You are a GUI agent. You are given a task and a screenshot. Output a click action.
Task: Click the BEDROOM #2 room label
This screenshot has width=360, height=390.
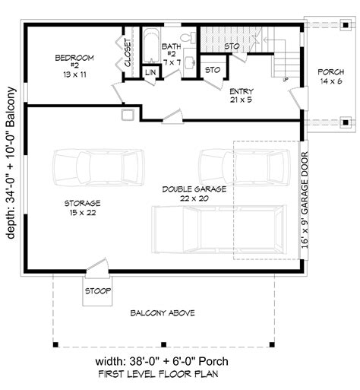[x=74, y=66]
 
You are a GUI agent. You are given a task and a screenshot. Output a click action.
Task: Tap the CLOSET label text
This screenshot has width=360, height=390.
[x=128, y=52]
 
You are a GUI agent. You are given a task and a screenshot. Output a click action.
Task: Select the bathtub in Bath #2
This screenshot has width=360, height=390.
[x=152, y=46]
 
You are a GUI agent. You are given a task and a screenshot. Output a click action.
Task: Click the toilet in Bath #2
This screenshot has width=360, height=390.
[x=190, y=37]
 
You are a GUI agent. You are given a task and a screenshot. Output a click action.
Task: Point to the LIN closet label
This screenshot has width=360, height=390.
[x=150, y=72]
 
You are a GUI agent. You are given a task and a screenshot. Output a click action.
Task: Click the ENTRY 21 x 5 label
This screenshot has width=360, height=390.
[x=242, y=95]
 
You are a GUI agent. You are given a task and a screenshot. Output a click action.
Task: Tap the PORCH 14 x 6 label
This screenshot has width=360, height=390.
[x=331, y=77]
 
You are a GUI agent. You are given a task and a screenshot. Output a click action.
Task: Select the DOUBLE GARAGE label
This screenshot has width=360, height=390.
[x=194, y=194]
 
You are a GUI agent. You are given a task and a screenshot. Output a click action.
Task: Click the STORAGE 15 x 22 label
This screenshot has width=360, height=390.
[x=83, y=208]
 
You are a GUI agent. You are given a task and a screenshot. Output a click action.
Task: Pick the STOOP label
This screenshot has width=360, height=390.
[x=98, y=291]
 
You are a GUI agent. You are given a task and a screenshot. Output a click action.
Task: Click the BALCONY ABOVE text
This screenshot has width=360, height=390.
[x=163, y=313]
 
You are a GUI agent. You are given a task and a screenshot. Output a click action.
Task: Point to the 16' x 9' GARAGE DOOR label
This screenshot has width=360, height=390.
[x=305, y=200]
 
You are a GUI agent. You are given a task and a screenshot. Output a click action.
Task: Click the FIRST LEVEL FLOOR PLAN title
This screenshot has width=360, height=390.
[x=158, y=374]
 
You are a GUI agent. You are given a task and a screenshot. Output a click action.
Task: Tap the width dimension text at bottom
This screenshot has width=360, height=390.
[x=162, y=361]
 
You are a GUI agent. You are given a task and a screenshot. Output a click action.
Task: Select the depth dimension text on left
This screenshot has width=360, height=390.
[x=11, y=163]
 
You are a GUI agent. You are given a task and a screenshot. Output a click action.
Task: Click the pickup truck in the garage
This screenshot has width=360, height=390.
[x=219, y=230]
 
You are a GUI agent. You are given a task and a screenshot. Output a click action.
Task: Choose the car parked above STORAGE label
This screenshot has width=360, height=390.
[x=99, y=167]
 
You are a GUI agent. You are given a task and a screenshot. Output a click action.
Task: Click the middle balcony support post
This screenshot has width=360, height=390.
[x=164, y=344]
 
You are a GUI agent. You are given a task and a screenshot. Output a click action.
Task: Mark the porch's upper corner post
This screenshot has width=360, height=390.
[x=346, y=25]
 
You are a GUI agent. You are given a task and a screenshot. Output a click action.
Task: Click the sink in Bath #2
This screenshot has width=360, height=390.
[x=190, y=62]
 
